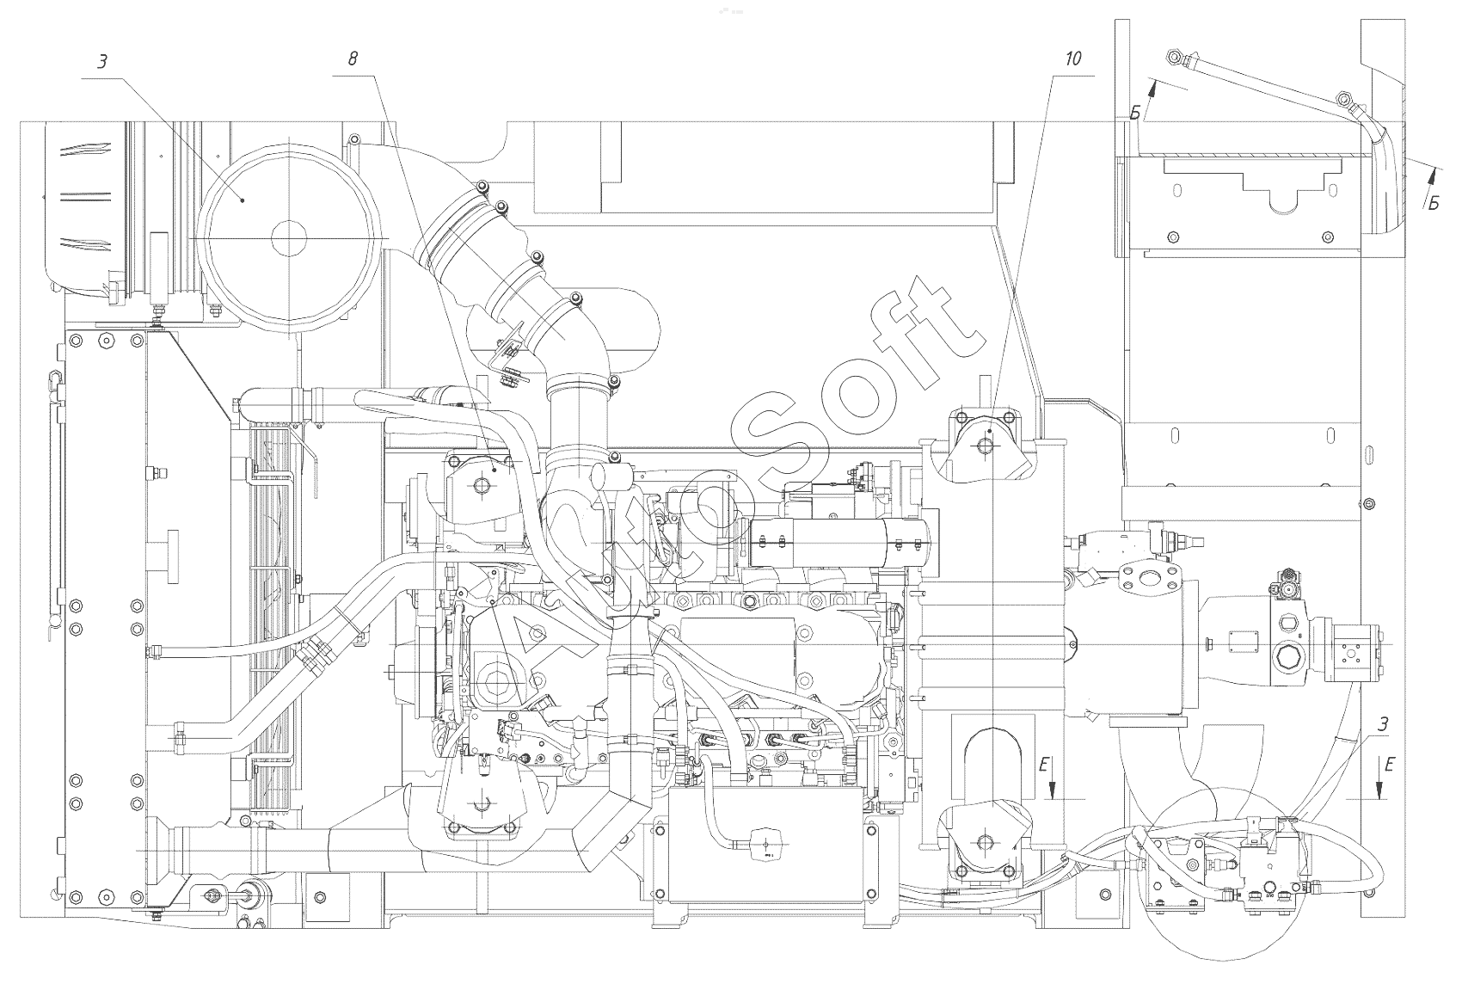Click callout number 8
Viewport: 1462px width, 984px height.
(x=353, y=59)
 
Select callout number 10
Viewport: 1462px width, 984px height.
(x=1073, y=59)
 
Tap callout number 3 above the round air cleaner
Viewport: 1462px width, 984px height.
(x=102, y=62)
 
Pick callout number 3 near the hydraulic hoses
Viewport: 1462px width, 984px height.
(x=1383, y=724)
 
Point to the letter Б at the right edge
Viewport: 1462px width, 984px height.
(x=1434, y=204)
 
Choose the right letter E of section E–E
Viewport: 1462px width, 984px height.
(x=1388, y=764)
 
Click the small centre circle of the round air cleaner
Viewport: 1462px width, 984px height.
(x=288, y=238)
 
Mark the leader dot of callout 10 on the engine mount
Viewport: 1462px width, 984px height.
(x=990, y=431)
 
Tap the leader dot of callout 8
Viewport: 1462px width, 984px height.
(x=494, y=469)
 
